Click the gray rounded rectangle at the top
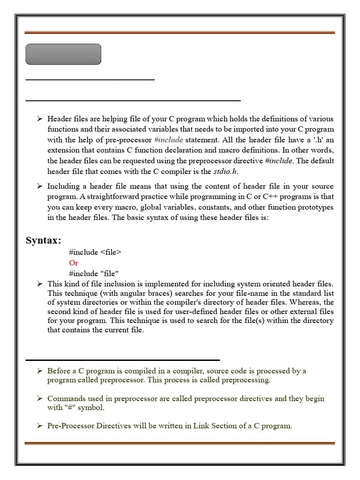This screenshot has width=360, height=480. point(63,54)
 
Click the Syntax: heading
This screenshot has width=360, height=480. point(43,241)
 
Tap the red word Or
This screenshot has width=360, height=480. point(74,263)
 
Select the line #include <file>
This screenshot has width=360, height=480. point(95,252)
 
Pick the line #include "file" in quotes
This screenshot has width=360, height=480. point(94,273)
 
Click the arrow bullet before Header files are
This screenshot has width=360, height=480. point(40,119)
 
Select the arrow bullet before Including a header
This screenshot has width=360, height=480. point(40,187)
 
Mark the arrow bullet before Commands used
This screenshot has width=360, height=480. point(40,398)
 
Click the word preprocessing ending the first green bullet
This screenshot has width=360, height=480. point(246,380)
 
